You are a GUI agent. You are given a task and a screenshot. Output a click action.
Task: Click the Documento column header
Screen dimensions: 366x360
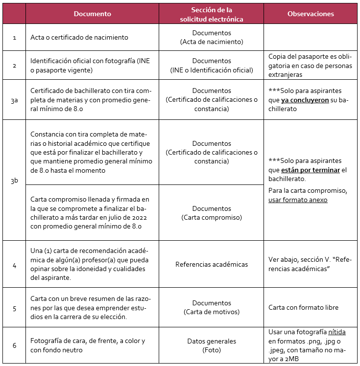coord(92,14)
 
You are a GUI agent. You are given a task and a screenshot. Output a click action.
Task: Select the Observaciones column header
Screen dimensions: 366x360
coord(310,14)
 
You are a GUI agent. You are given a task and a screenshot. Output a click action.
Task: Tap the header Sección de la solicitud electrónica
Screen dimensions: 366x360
coord(211,14)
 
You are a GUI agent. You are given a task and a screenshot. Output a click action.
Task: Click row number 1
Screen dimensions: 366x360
coord(14,38)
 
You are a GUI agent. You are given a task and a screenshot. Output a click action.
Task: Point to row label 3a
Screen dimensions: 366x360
coord(14,100)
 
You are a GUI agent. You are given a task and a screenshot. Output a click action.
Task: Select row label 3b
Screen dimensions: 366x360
coord(14,181)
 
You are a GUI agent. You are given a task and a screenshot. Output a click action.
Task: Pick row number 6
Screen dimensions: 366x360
coord(14,345)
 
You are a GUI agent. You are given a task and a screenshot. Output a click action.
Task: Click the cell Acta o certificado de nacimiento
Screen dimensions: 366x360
coord(79,38)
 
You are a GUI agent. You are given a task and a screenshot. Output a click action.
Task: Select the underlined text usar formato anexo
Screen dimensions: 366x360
coord(297,200)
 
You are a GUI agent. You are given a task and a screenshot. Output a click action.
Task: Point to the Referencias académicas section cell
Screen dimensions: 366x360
coord(211,264)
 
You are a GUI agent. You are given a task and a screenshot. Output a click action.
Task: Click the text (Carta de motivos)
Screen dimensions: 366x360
coord(211,312)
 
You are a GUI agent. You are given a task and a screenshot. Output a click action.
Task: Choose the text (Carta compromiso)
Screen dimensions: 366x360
coord(211,217)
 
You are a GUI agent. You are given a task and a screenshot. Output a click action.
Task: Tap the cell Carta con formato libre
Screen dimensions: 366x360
coord(303,308)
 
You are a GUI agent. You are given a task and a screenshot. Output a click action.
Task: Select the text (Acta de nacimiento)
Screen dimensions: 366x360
coord(211,42)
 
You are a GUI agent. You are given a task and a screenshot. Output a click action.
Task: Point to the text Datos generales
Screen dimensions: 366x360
coord(211,341)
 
